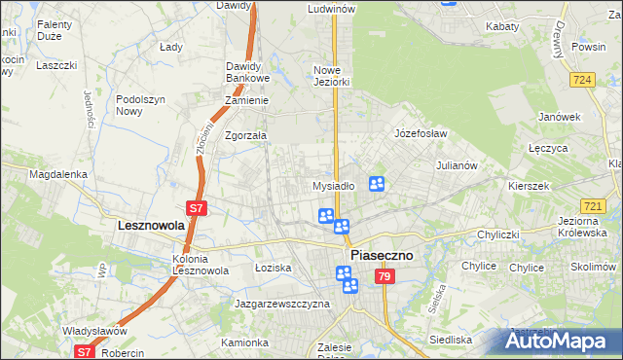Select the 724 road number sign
(x=583, y=79)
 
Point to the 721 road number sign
(x=594, y=205)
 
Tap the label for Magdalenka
(x=58, y=174)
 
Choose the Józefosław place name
(x=420, y=132)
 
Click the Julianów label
(x=457, y=165)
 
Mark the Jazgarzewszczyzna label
(x=282, y=304)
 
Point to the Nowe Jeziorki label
(x=331, y=76)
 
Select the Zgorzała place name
(x=245, y=136)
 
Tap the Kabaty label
(x=502, y=27)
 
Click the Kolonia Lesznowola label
(x=201, y=265)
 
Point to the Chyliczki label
(x=502, y=234)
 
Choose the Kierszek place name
(x=529, y=185)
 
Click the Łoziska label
(x=273, y=267)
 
